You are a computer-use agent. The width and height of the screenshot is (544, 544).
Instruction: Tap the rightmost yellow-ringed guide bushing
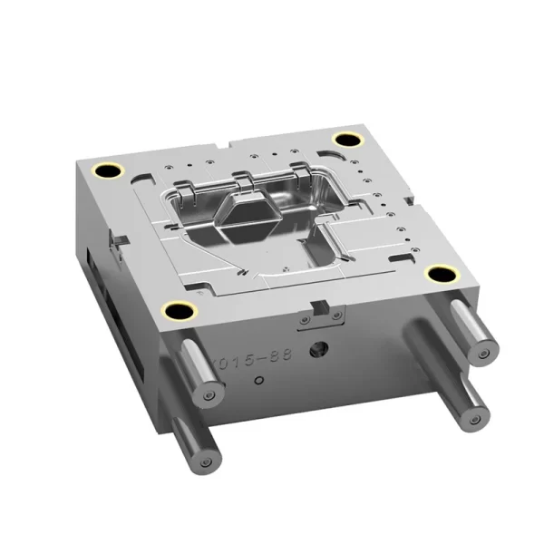pyautogui.click(x=441, y=276)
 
